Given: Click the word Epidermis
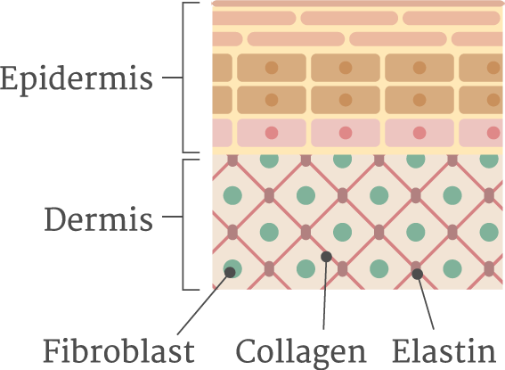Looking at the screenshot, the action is tap(77, 78).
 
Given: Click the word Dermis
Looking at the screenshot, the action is tap(98, 218).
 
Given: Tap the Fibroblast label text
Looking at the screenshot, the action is tap(118, 350).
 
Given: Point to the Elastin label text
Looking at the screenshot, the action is tap(444, 350).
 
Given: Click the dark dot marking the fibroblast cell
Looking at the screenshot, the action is tap(230, 272).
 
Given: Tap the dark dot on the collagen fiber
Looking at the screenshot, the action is tap(326, 257).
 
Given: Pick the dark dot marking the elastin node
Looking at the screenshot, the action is tap(418, 274).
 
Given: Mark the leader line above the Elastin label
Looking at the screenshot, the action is tap(426, 304).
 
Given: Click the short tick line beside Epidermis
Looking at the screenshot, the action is tap(172, 78).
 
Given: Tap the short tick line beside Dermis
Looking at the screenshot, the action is tap(172, 217).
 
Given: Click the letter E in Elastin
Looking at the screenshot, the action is tap(401, 350).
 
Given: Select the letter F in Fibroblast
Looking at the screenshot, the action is tap(52, 350).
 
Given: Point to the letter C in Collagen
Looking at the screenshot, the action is tap(246, 350).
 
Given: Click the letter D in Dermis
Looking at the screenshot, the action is tap(55, 219).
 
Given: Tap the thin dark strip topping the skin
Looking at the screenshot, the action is tap(357, 4).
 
